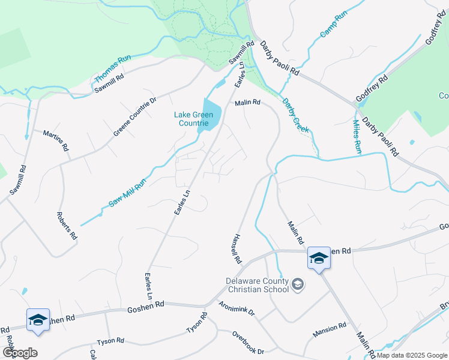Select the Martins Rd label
click(56, 140)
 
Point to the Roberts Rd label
click(67, 226)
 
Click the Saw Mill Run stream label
click(127, 194)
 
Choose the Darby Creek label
click(295, 116)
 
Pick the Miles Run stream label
click(357, 136)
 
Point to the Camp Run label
click(333, 25)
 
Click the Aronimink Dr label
click(237, 308)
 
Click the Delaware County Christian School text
click(258, 284)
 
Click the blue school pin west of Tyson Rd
click(38, 320)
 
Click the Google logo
click(20, 352)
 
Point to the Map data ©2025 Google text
click(411, 355)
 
